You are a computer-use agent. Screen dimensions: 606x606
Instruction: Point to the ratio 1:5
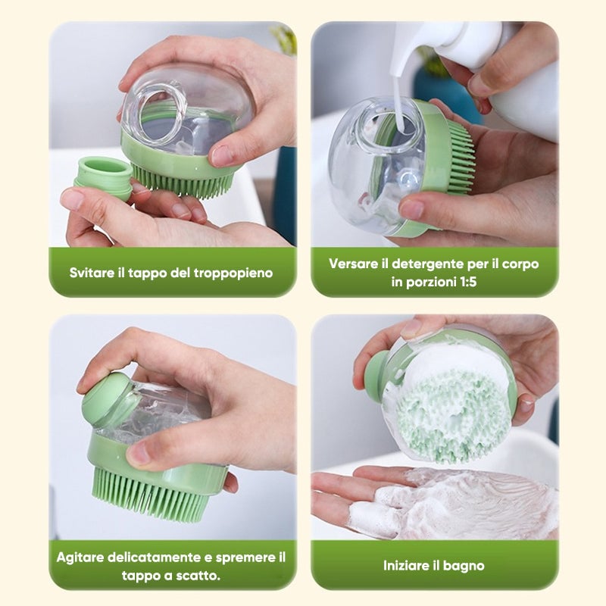[467, 282]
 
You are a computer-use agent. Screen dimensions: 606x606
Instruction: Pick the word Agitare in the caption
[80, 558]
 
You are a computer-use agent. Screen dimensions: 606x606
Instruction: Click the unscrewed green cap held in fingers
[104, 176]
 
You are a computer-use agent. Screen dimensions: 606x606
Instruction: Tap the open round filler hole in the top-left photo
[163, 111]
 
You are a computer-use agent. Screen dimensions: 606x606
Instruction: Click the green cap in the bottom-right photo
[376, 372]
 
